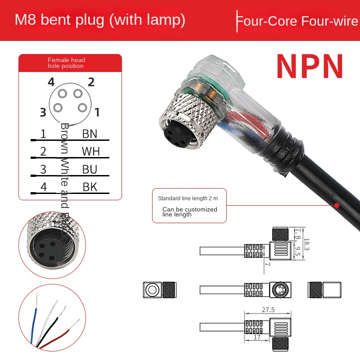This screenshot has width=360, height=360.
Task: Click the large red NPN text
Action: coord(310,66)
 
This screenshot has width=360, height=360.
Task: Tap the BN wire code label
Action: coord(90,134)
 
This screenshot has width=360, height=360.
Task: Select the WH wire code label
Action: coord(90,151)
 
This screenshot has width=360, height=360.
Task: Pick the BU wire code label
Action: coord(90,169)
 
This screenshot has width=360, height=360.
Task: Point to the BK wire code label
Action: coord(90,187)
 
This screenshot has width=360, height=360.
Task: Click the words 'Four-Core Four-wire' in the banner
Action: coord(297,21)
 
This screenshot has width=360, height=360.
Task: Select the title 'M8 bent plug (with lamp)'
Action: coord(100,20)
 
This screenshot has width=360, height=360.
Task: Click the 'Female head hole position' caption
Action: coord(66,63)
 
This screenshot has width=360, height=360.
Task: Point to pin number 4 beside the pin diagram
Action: coord(51,82)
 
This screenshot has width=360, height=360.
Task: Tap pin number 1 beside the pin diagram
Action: coord(97,112)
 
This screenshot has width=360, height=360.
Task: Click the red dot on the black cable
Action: coord(336,205)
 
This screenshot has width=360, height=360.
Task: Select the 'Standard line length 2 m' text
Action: coord(185,198)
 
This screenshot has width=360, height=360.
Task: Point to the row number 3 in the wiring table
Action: coord(43,169)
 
